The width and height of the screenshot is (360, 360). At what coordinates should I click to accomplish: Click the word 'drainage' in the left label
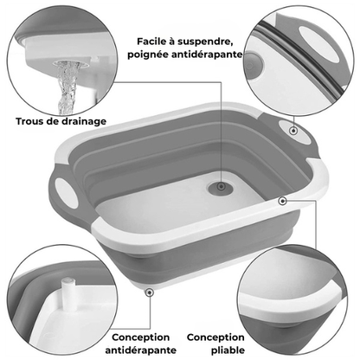click(x=85, y=120)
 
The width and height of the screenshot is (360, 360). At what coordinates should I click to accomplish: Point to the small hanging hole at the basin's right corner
click(x=295, y=132)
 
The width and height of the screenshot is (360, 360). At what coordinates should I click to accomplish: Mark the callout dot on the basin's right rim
click(x=282, y=200)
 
